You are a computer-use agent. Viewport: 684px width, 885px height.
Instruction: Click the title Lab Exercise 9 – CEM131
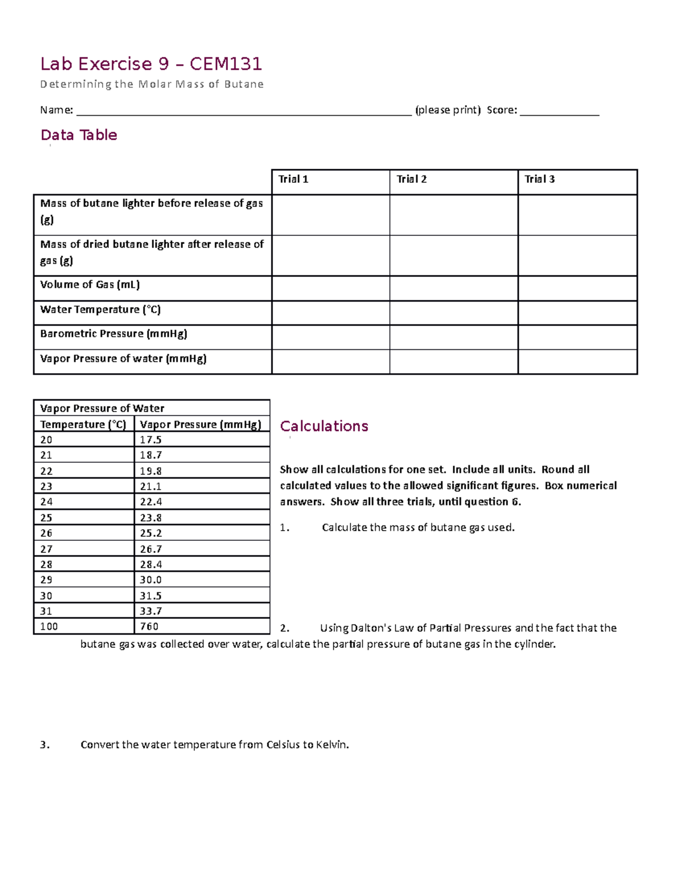click(151, 64)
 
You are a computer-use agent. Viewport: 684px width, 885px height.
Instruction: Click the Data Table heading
click(79, 135)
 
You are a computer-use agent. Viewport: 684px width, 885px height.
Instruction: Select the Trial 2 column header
click(412, 179)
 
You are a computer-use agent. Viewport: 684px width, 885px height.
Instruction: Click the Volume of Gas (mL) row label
click(89, 284)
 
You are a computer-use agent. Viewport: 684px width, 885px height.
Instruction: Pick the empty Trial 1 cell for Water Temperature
click(331, 313)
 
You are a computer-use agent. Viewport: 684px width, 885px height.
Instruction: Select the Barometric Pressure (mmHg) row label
click(113, 333)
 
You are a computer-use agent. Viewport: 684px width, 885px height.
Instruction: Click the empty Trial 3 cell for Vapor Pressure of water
click(577, 362)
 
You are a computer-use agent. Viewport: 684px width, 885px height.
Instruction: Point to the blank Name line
click(243, 111)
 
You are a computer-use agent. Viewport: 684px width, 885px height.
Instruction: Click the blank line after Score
click(559, 111)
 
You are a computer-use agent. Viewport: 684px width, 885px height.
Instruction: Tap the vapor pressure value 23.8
click(150, 517)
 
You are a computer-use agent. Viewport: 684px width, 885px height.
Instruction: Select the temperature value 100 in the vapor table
click(48, 626)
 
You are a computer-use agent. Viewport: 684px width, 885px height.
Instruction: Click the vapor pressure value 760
click(149, 626)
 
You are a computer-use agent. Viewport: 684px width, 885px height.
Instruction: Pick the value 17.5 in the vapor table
click(150, 440)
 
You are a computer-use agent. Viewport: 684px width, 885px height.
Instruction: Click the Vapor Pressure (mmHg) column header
click(201, 425)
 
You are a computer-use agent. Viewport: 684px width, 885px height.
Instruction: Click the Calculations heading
click(324, 426)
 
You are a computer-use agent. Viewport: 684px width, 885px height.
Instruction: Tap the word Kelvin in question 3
click(332, 745)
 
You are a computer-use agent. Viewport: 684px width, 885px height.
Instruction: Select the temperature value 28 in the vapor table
click(46, 564)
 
